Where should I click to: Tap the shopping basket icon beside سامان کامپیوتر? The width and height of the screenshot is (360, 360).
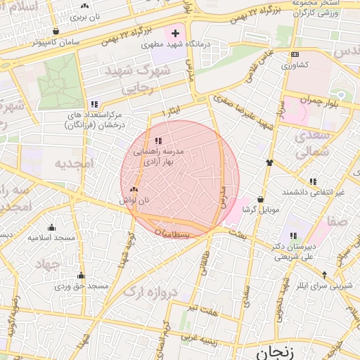[x=56, y=31]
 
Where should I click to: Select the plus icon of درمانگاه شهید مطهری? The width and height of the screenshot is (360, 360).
[x=175, y=33]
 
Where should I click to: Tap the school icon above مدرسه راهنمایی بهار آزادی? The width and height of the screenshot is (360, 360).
[x=157, y=141]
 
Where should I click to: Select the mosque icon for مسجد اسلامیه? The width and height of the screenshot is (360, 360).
[x=51, y=227]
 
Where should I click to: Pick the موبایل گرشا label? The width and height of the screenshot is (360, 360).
[x=261, y=210]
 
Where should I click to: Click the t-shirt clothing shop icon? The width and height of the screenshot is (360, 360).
[x=269, y=162]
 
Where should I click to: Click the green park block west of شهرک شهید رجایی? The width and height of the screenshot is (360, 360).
[x=60, y=84]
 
